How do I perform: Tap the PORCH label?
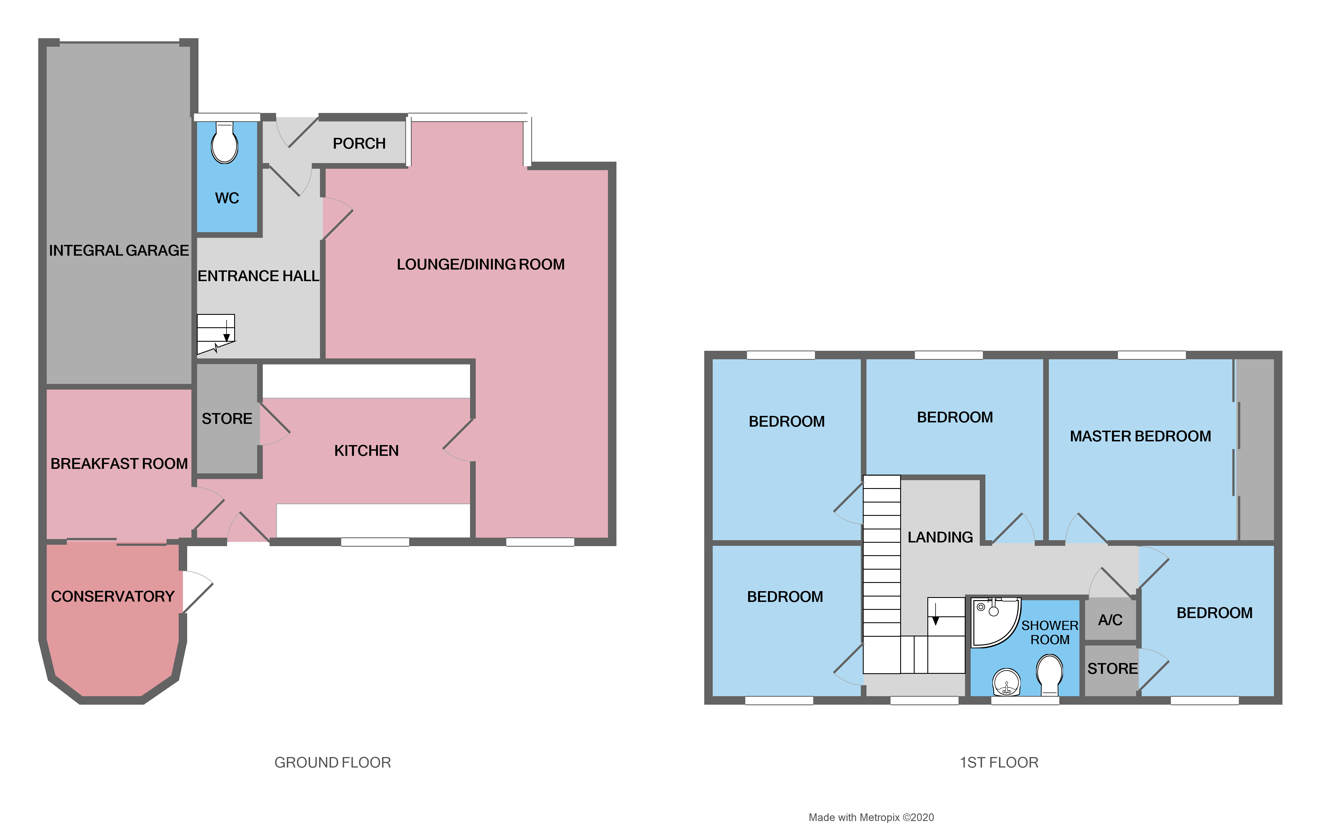pyautogui.click(x=359, y=144)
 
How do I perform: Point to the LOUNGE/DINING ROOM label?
pyautogui.click(x=480, y=265)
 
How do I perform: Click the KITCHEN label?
pyautogui.click(x=366, y=451)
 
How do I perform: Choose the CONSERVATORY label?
pyautogui.click(x=112, y=596)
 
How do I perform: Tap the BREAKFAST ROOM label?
pyautogui.click(x=119, y=464)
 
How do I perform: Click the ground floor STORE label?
pyautogui.click(x=227, y=418)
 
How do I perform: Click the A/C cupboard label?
pyautogui.click(x=1110, y=620)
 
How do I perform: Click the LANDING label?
pyautogui.click(x=940, y=537)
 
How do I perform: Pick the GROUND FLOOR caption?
pyautogui.click(x=332, y=762)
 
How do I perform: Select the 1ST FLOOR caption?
pyautogui.click(x=999, y=762)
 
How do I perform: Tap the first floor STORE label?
pyautogui.click(x=1112, y=669)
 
